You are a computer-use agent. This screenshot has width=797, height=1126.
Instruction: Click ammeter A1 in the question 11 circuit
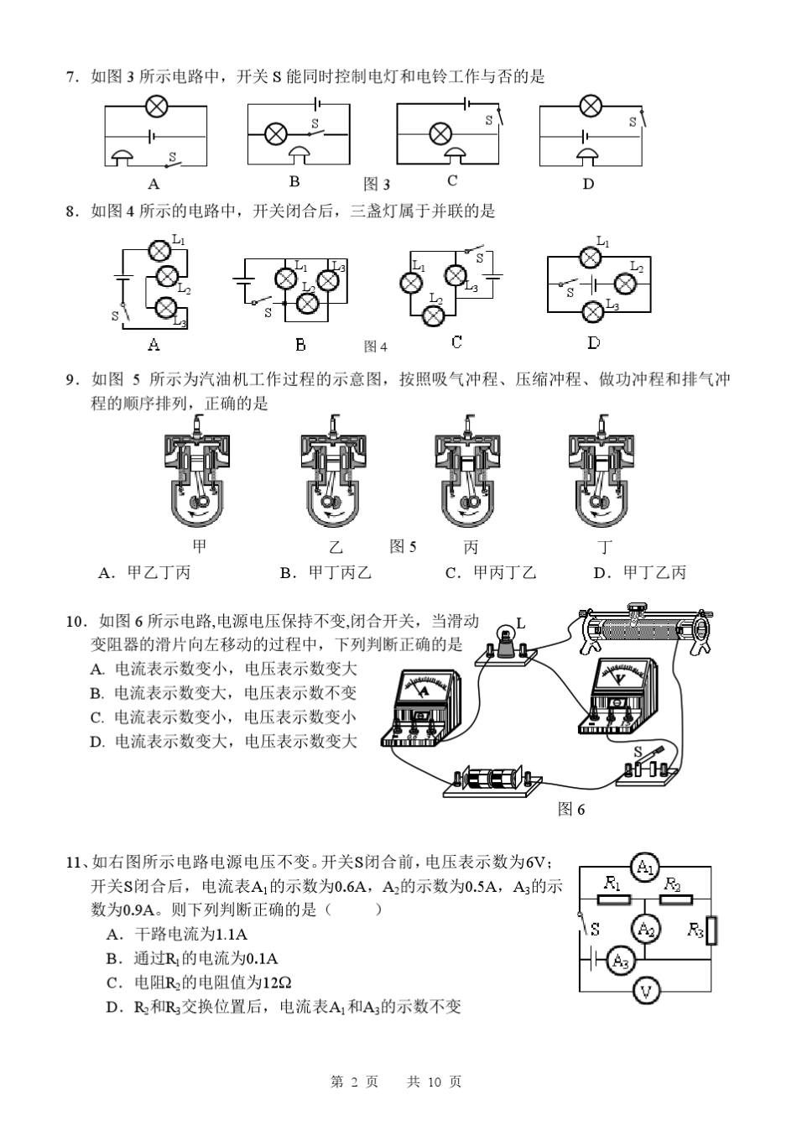[x=644, y=868]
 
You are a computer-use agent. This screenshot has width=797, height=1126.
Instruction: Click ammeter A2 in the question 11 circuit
[x=645, y=929]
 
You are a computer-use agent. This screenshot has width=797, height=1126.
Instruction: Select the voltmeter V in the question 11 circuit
[x=645, y=991]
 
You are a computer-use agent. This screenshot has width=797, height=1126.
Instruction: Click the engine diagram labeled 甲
[x=198, y=475]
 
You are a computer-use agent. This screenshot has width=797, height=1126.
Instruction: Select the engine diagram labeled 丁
[x=602, y=475]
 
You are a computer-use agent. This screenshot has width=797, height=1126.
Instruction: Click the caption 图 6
[x=571, y=809]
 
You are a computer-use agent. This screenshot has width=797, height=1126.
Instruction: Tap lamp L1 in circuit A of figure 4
[x=159, y=249]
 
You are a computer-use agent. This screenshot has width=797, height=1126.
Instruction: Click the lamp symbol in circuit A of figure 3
[x=156, y=106]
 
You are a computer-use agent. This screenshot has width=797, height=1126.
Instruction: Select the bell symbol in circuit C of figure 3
[x=455, y=155]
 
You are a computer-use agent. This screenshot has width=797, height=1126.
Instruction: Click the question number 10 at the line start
[x=76, y=621]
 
